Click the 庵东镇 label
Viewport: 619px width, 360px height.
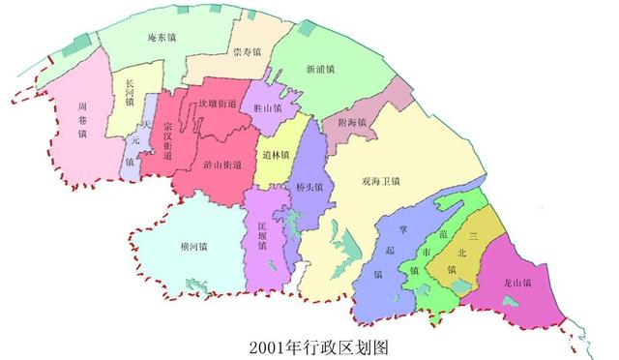click(x=161, y=39)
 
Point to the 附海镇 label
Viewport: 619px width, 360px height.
click(x=352, y=123)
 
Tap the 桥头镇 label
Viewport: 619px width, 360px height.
click(x=310, y=182)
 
